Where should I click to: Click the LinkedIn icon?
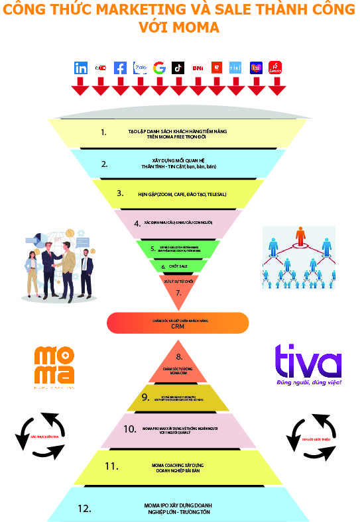pos(81,68)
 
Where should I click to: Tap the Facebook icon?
pos(120,68)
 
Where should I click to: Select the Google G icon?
pos(159,68)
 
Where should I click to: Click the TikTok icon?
pos(178,68)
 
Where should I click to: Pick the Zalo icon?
pos(140,68)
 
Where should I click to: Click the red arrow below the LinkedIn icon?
pos(81,86)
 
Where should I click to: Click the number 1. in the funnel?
pos(103,132)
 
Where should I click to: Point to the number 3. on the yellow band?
pos(120,193)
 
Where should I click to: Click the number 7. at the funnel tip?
pos(178,292)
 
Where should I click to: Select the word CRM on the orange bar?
pos(177,327)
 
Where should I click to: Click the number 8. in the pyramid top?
pos(178,356)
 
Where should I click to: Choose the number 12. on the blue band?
pos(84,509)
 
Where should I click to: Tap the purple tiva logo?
pos(308,362)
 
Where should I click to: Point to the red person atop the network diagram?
pos(300,236)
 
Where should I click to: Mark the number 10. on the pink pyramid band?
pos(129,429)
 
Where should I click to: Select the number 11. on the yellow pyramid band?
pos(111,466)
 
